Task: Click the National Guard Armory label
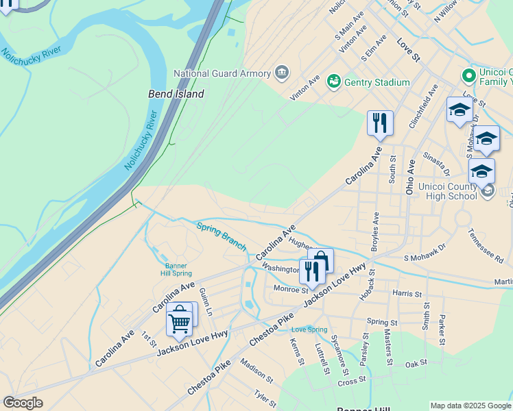[x=222, y=73]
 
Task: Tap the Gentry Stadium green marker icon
[x=334, y=82]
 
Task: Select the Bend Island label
[x=176, y=94]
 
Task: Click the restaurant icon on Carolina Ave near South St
[x=380, y=123]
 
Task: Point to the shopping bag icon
[x=320, y=261]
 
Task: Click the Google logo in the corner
[x=23, y=403]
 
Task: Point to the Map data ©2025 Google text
[x=470, y=406]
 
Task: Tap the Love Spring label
[x=309, y=329]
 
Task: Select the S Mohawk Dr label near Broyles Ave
[x=425, y=252]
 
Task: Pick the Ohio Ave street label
[x=410, y=177]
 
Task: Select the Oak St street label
[x=416, y=363]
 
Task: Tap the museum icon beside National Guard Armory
[x=281, y=73]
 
